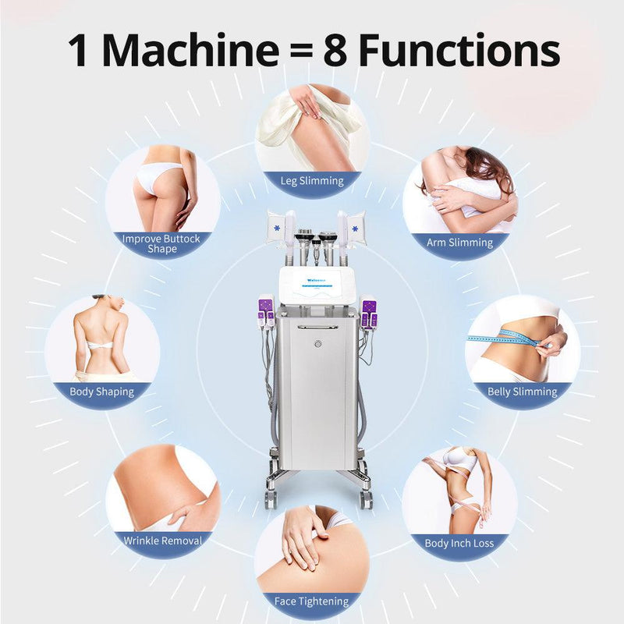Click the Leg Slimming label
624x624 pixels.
[x=312, y=181]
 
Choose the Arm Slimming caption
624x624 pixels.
[x=459, y=243]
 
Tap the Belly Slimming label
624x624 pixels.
[x=522, y=392]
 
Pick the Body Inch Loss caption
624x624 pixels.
[x=459, y=543]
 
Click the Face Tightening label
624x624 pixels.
[x=312, y=601]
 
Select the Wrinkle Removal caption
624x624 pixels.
[x=163, y=540]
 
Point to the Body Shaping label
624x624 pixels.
[x=102, y=392]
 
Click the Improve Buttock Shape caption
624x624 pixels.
[x=161, y=243]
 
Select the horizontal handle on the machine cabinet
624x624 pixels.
[x=317, y=327]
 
